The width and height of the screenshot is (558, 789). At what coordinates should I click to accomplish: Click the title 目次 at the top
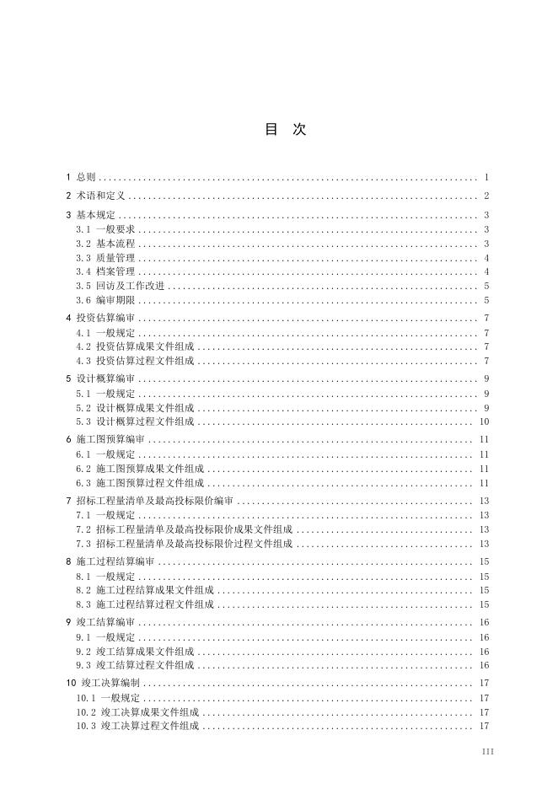tap(285, 129)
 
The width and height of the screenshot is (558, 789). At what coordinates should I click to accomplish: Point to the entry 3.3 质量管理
tap(106, 258)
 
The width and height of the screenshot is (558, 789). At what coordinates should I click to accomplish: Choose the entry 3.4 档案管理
tap(106, 271)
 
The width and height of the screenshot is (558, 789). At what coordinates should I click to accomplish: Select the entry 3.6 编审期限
tap(106, 300)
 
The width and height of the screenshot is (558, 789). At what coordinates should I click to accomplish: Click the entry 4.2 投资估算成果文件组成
tap(135, 346)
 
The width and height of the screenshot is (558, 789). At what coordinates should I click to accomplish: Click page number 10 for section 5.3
tap(484, 421)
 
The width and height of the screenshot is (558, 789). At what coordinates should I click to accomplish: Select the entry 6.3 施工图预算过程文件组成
tap(140, 483)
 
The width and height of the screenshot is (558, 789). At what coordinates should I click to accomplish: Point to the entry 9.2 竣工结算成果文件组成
tap(135, 652)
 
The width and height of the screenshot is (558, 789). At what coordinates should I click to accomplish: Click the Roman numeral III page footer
tap(487, 750)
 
